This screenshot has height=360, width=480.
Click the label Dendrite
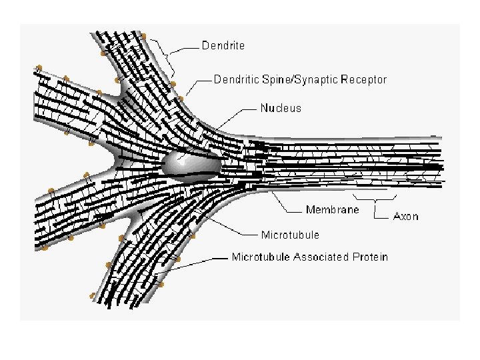[223, 46]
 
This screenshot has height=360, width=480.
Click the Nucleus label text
[281, 108]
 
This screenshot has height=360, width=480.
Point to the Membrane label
[332, 210]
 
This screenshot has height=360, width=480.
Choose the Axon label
[406, 216]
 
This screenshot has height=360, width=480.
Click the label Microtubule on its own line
[290, 235]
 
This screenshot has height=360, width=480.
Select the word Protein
[369, 257]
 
